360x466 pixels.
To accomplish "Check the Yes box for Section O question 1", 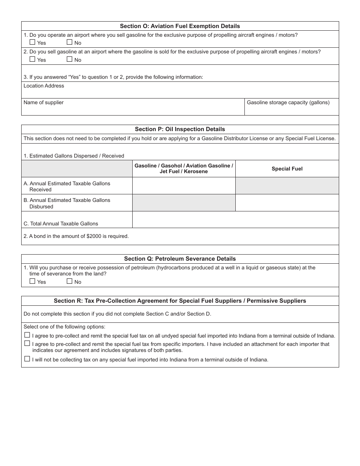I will coord(32,42).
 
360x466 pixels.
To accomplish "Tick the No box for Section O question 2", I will coord(69,59).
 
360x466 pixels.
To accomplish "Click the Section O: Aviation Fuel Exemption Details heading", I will coord(180,26).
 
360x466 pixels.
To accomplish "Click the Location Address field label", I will coord(44,86).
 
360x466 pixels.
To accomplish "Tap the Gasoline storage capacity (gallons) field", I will coord(291,108).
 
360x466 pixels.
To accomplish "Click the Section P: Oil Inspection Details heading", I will coord(180,129).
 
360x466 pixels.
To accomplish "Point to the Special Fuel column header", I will coord(287,169).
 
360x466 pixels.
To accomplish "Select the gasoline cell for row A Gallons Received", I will coord(184,186).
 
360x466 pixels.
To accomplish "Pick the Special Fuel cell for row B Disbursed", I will coord(287,203).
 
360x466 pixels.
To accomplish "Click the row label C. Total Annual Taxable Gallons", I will coord(61,224).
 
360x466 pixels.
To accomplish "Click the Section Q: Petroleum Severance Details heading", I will coord(180,259).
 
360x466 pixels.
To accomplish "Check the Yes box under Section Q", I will coord(32,281).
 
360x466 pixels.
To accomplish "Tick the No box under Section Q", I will coord(69,281).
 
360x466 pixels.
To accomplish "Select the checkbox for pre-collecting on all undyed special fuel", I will coord(27,335).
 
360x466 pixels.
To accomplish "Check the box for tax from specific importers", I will coord(27,343).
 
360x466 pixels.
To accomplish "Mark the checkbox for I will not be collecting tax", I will coord(27,359).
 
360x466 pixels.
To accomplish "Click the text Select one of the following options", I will coord(64,327).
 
